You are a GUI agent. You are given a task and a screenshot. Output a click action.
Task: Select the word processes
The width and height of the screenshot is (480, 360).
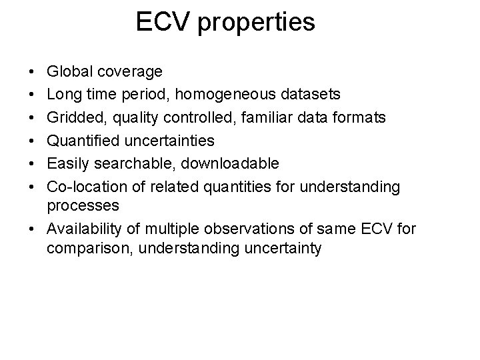pyautogui.click(x=83, y=205)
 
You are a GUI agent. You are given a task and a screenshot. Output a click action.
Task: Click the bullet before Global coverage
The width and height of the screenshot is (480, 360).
pyautogui.click(x=33, y=71)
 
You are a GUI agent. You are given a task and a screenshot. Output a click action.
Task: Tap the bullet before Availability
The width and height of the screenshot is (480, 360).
pyautogui.click(x=33, y=229)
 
